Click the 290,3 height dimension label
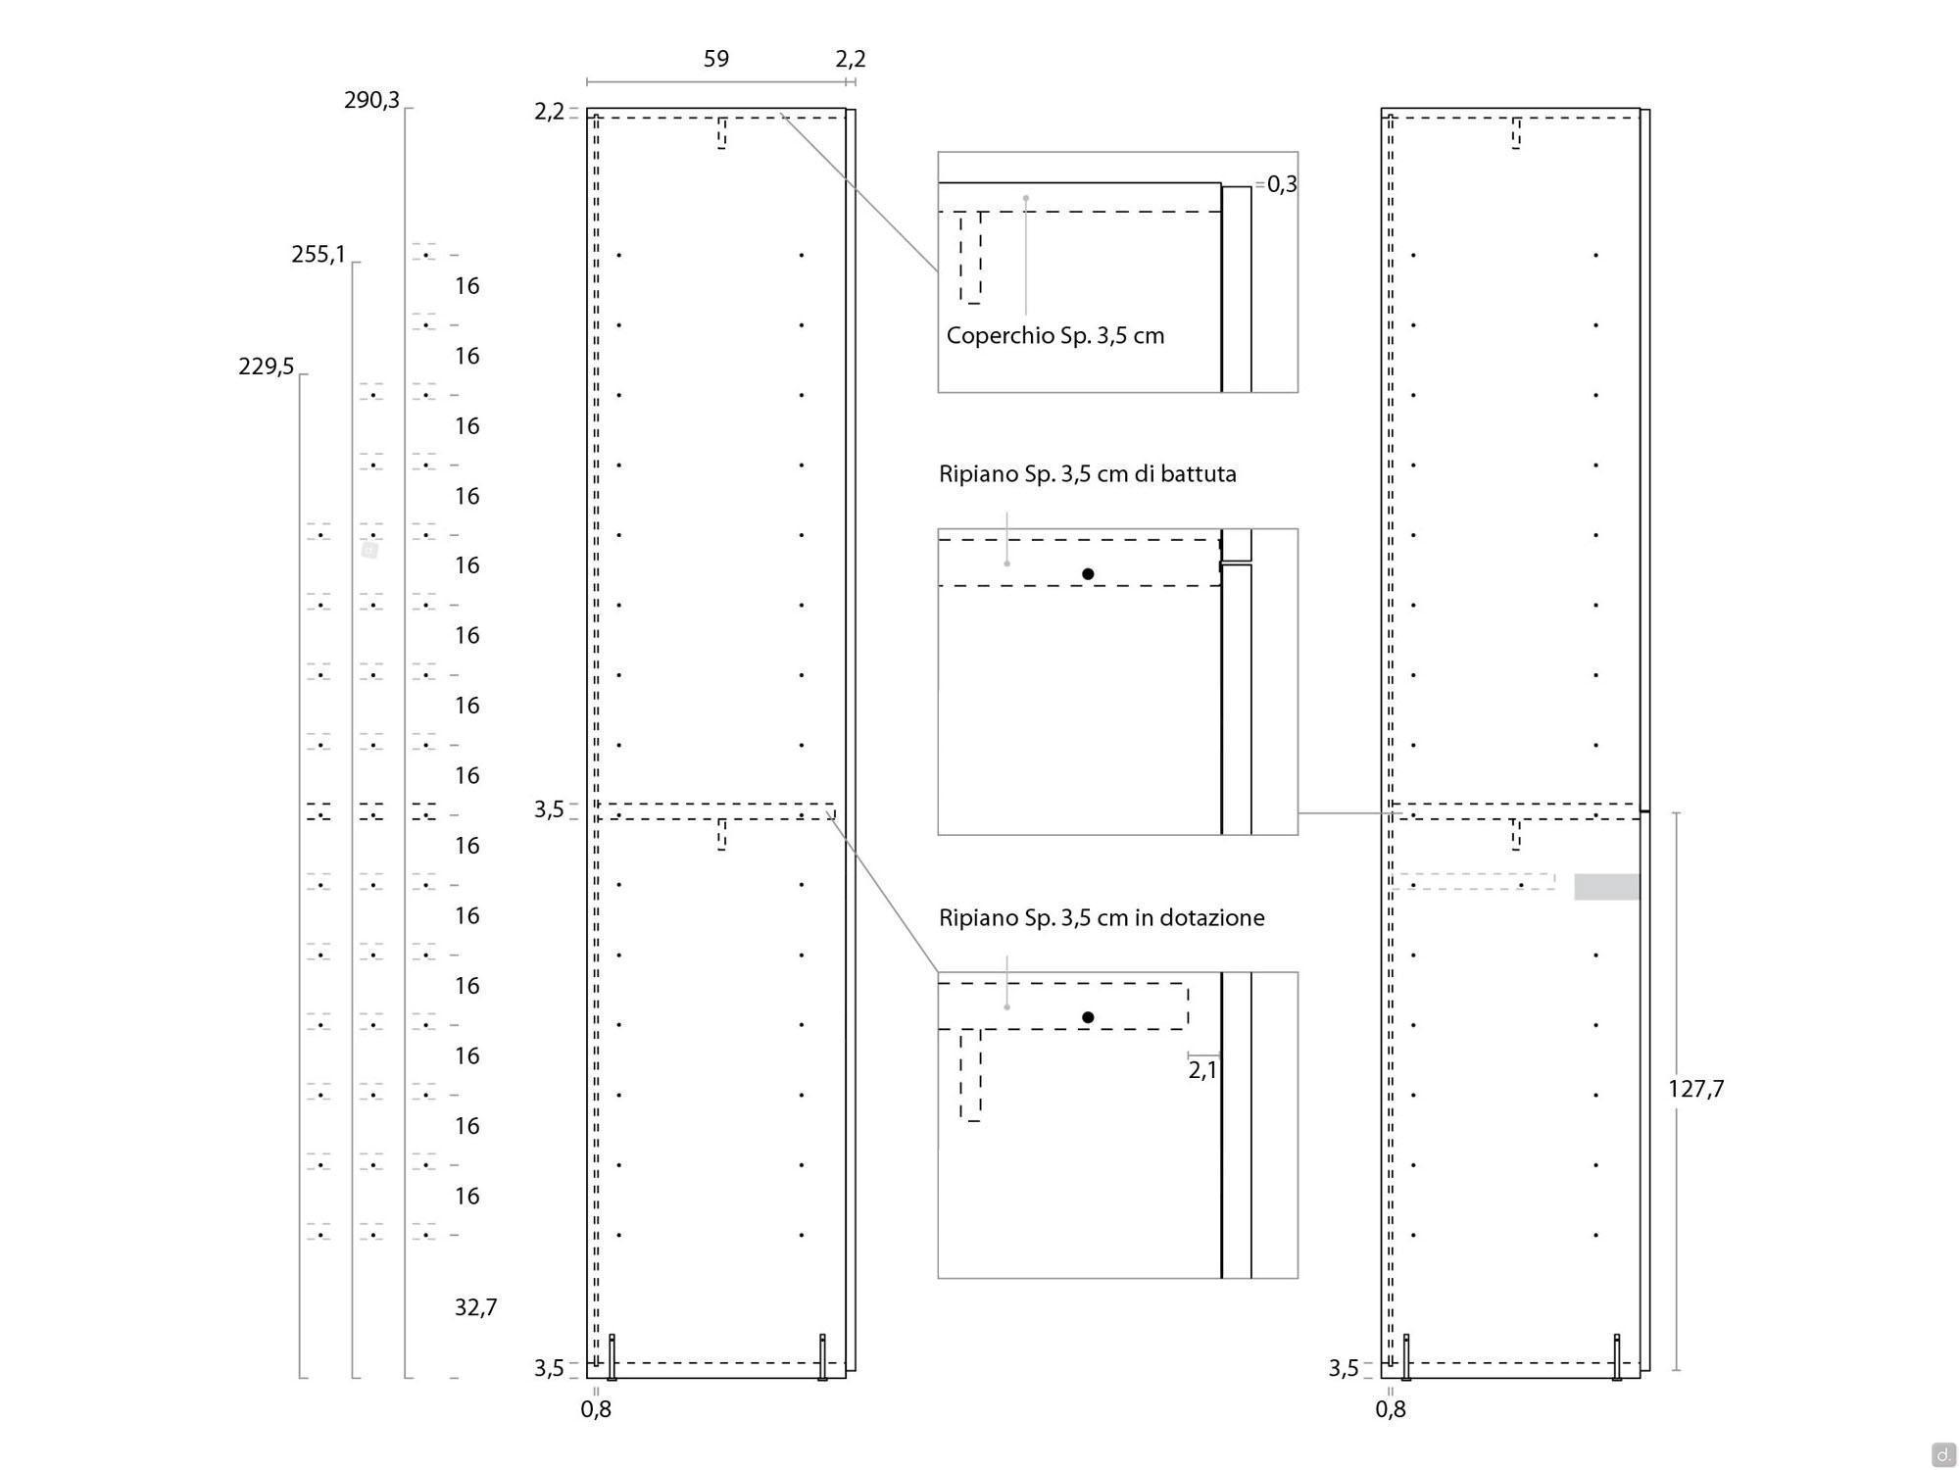[x=371, y=100]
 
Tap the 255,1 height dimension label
[x=318, y=255]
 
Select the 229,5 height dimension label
[x=266, y=367]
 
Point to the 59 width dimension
[x=716, y=59]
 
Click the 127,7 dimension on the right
[x=1695, y=1089]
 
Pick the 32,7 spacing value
[x=475, y=1307]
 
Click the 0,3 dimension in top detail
[x=1282, y=184]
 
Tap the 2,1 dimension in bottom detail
[x=1202, y=1070]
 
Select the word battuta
[x=1200, y=474]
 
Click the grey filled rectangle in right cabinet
[x=1607, y=887]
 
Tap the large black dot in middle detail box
[x=1088, y=574]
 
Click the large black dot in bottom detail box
[x=1088, y=1017]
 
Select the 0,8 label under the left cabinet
[x=596, y=1409]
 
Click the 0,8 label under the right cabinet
[x=1391, y=1409]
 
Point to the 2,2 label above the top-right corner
[x=851, y=59]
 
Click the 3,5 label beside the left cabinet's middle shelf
[x=549, y=809]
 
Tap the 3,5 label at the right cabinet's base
[x=1344, y=1368]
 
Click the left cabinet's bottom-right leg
[x=822, y=1357]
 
